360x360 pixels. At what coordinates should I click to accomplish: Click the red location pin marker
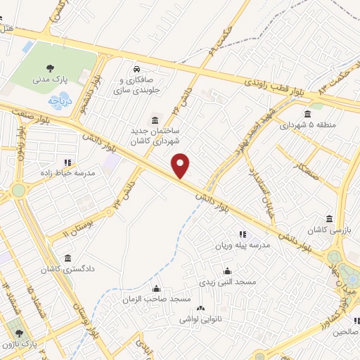pos(181,165)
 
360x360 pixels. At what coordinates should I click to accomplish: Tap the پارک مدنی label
pos(49,80)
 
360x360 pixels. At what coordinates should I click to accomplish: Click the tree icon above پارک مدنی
pos(50,68)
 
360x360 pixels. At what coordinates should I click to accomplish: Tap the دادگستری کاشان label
pos(67,269)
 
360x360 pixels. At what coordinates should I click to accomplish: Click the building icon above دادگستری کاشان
pos(67,257)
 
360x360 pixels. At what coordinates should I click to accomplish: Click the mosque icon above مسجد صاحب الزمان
pos(156,288)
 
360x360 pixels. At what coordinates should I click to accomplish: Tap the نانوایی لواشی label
pos(200,319)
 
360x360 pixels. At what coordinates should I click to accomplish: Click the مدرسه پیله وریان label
pos(243,245)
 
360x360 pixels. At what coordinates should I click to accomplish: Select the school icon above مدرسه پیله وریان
pos(243,234)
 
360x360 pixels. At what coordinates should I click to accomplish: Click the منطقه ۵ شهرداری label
pos(307,126)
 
